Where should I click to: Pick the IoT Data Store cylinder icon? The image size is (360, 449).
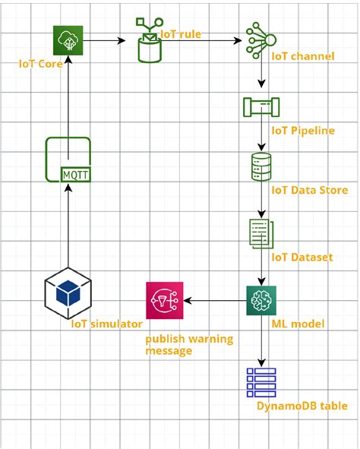261,166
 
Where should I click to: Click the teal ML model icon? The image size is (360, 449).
261,300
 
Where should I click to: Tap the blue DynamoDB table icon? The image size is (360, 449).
261,382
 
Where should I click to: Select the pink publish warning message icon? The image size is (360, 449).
165,299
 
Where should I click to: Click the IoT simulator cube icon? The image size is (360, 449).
68,292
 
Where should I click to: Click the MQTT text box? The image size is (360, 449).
75,174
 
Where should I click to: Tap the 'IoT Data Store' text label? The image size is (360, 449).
309,190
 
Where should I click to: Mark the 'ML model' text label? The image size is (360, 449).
298,324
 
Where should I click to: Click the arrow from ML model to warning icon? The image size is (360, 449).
215,300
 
